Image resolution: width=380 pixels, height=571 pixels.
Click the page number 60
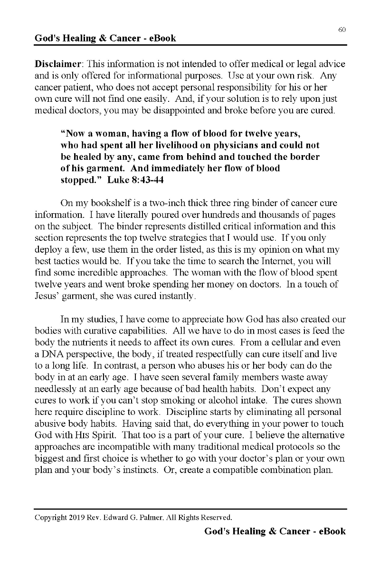pyautogui.click(x=342, y=30)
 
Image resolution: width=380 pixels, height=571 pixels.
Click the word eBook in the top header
pyautogui.click(x=162, y=39)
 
